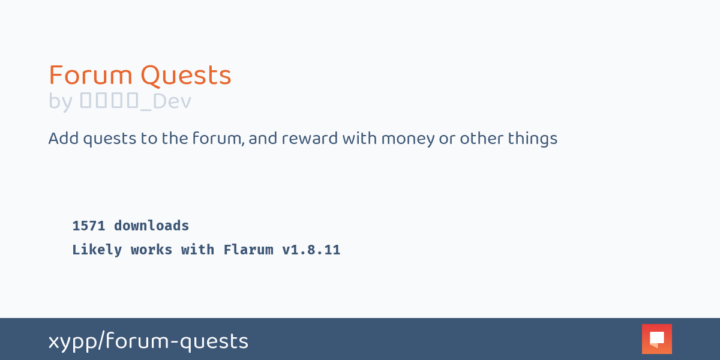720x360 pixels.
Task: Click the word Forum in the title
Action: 91,76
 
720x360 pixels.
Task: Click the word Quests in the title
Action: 186,76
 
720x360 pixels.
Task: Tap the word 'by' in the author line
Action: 61,101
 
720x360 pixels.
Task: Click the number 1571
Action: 89,226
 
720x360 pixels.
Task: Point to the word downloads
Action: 152,226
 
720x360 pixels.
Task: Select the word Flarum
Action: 248,250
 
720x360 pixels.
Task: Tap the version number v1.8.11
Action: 311,250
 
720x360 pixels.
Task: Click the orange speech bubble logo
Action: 657,339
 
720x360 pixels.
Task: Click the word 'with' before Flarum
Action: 198,250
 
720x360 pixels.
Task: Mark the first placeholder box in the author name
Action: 86,101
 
